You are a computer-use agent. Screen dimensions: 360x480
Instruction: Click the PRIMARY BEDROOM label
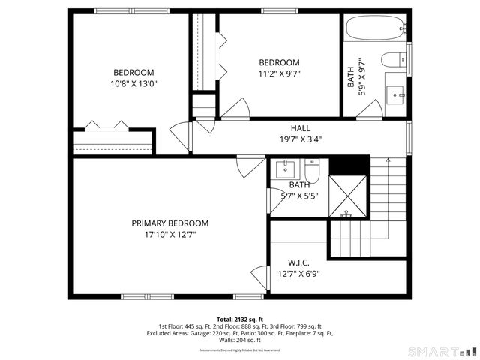[x=170, y=223]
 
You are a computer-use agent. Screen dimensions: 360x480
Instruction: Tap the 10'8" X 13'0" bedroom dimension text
[x=133, y=84]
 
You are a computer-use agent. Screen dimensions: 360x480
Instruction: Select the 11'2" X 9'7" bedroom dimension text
[x=279, y=73]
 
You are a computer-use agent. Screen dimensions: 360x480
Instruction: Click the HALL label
[x=300, y=128]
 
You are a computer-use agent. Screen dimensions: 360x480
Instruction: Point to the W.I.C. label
[x=299, y=262]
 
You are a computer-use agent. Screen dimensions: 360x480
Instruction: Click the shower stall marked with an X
[x=349, y=196]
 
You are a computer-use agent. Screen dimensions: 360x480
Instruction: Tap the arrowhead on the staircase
[x=387, y=161]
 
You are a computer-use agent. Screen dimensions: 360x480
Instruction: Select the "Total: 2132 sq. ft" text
[x=240, y=319]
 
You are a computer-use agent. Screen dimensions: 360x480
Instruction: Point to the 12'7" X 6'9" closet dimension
[x=299, y=274]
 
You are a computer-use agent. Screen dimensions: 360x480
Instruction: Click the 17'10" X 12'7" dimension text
[x=170, y=235]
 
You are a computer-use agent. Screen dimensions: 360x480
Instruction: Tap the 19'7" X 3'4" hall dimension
[x=300, y=139]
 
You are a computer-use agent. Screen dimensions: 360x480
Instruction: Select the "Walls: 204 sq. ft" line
[x=240, y=340]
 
